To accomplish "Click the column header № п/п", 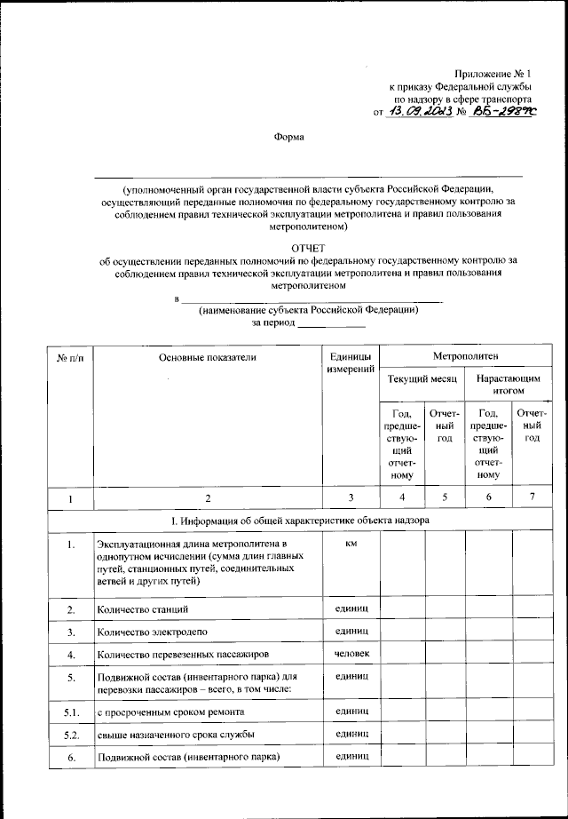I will click(x=70, y=357).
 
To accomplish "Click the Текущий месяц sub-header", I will click(x=422, y=379).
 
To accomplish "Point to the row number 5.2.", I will click(x=70, y=736).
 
